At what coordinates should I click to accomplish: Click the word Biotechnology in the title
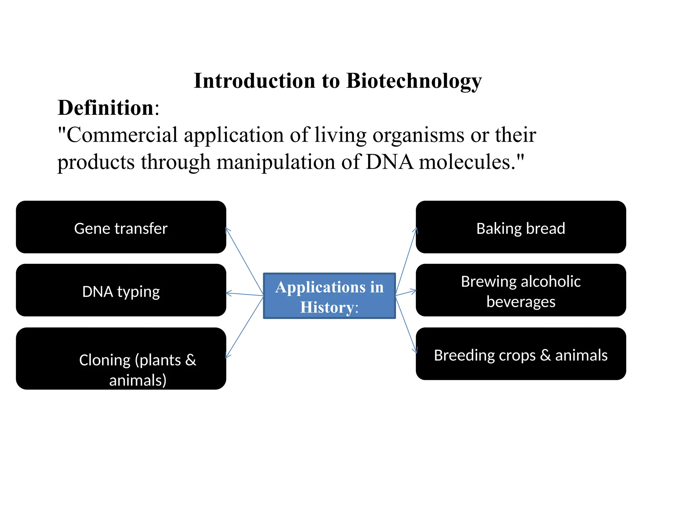point(414,81)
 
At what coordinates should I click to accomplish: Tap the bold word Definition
point(106,108)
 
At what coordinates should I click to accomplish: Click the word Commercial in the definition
point(122,135)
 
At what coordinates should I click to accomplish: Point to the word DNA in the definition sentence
point(389,162)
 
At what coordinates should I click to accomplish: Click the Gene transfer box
point(121,227)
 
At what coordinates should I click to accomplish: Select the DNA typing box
point(121,290)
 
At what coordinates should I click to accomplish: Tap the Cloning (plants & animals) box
point(121,359)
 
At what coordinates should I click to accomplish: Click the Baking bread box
point(521,227)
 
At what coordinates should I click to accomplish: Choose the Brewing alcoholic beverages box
point(521,290)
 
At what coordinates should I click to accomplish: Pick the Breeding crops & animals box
point(521,354)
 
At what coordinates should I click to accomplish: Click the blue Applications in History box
point(329,296)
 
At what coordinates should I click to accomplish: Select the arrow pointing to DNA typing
point(245,294)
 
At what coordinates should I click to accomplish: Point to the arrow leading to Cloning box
point(245,327)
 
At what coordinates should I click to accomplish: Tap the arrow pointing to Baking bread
point(406,261)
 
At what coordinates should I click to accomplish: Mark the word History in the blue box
point(327,307)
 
